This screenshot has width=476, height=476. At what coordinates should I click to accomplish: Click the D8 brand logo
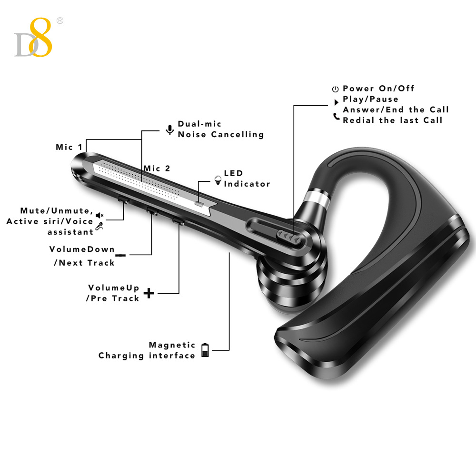click(x=33, y=38)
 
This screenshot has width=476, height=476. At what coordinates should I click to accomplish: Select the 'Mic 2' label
click(x=157, y=169)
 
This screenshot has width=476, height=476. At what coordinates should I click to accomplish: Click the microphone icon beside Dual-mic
click(x=169, y=129)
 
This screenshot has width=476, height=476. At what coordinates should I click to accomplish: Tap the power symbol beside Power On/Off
click(x=335, y=89)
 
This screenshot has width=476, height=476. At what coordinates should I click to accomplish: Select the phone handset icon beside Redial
click(x=337, y=116)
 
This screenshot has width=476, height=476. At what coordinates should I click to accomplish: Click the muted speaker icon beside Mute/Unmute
click(x=99, y=216)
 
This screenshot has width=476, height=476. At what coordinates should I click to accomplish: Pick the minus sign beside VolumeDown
click(x=121, y=255)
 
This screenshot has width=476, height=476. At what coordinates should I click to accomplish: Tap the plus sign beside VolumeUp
click(x=149, y=293)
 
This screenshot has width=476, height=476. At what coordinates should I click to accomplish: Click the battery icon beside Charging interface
click(x=205, y=350)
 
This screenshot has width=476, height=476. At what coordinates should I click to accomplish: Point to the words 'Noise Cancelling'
click(x=221, y=134)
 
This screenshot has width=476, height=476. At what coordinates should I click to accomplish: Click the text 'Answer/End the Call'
click(x=396, y=110)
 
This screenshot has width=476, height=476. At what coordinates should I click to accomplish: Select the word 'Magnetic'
click(x=172, y=345)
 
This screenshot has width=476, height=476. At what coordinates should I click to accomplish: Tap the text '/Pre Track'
click(x=112, y=298)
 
